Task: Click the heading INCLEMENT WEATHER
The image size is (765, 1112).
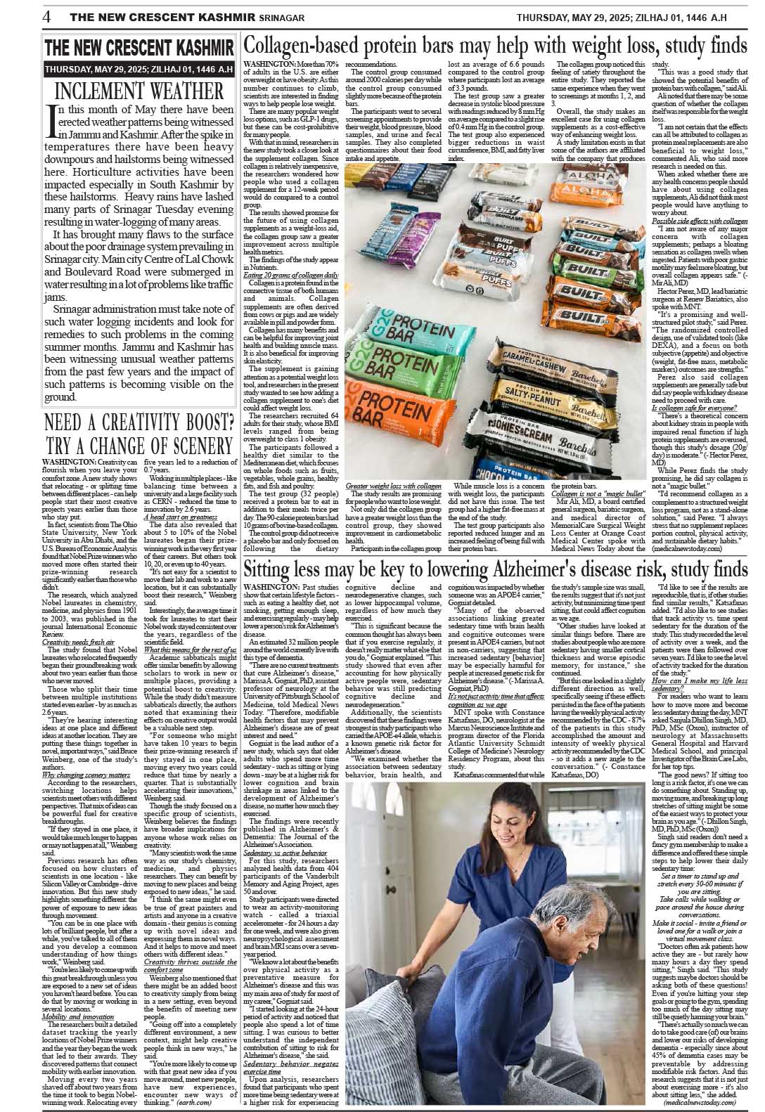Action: (139, 91)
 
